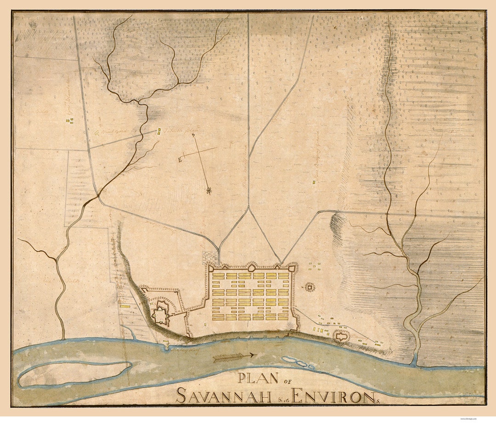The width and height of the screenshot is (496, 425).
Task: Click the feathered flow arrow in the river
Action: pyautogui.click(x=234, y=356)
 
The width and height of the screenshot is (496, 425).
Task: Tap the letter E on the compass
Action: pyautogui.click(x=180, y=159)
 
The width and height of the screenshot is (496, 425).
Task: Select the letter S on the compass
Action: pyautogui.click(x=193, y=135)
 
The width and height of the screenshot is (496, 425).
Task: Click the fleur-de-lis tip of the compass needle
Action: pyautogui.click(x=209, y=190)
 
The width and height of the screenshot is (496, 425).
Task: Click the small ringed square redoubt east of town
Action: pyautogui.click(x=310, y=288)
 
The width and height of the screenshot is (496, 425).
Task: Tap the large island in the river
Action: pyautogui.click(x=73, y=374)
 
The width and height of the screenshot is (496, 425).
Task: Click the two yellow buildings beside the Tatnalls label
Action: pyautogui.click(x=159, y=131)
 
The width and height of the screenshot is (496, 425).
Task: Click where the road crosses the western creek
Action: pyautogui.click(x=97, y=196)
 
